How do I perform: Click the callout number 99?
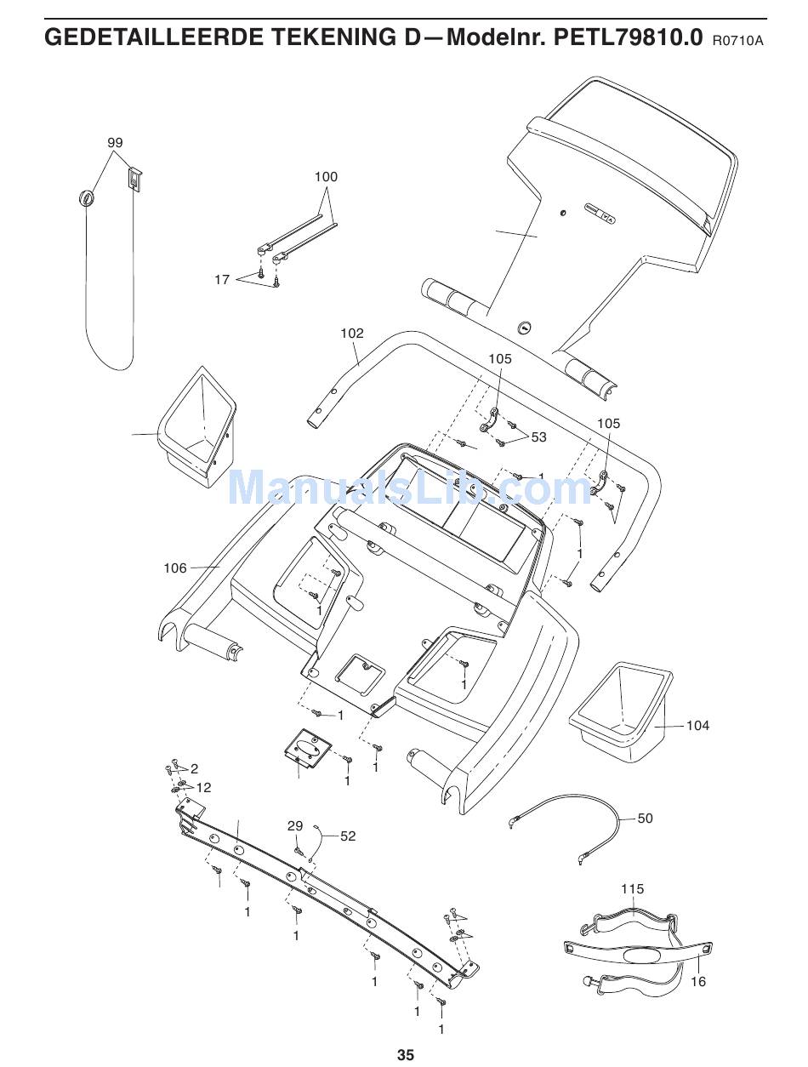pyautogui.click(x=115, y=143)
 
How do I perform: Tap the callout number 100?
pyautogui.click(x=326, y=177)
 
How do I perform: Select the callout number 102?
pyautogui.click(x=351, y=334)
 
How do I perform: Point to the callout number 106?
pyautogui.click(x=175, y=568)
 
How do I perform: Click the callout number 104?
pyautogui.click(x=697, y=726)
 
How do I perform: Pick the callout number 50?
pyautogui.click(x=646, y=819)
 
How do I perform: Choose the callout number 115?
pyautogui.click(x=632, y=889)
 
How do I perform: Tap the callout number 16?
pyautogui.click(x=697, y=981)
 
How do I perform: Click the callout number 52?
pyautogui.click(x=348, y=836)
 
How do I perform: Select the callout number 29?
pyautogui.click(x=294, y=826)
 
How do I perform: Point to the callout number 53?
pyautogui.click(x=538, y=437)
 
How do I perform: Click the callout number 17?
pyautogui.click(x=221, y=279)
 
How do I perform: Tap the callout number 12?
pyautogui.click(x=203, y=788)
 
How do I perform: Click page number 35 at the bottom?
pyautogui.click(x=405, y=1055)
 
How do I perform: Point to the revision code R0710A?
pyautogui.click(x=737, y=40)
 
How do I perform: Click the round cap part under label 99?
pyautogui.click(x=86, y=197)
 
